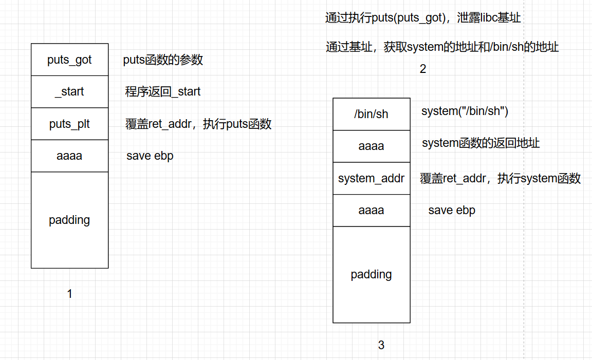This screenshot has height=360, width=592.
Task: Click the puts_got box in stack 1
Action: (69, 60)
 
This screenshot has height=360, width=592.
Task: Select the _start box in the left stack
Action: (69, 92)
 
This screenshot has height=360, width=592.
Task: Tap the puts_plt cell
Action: (69, 124)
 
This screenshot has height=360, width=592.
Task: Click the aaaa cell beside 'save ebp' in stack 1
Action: (69, 156)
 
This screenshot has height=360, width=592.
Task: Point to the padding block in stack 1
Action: (69, 220)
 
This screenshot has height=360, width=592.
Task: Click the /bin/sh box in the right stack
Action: (371, 114)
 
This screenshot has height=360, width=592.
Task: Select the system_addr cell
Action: (371, 178)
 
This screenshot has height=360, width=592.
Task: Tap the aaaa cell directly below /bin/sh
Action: (371, 146)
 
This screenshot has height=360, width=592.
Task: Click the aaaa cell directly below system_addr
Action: (371, 210)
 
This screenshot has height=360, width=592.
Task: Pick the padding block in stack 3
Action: (371, 274)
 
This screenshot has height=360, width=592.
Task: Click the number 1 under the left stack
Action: (70, 294)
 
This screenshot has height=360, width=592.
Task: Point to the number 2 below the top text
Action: (423, 69)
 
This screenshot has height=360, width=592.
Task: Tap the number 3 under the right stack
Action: (381, 345)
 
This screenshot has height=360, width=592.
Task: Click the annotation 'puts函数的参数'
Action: (163, 60)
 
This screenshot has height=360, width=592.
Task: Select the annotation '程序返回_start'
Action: (163, 92)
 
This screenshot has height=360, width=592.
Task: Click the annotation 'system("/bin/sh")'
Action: (465, 111)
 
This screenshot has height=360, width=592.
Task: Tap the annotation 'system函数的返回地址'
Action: (480, 143)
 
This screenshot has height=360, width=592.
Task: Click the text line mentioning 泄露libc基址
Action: (423, 18)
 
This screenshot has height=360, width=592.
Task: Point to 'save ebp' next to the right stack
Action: (452, 210)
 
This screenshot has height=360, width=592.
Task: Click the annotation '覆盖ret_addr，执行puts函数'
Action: (198, 124)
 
